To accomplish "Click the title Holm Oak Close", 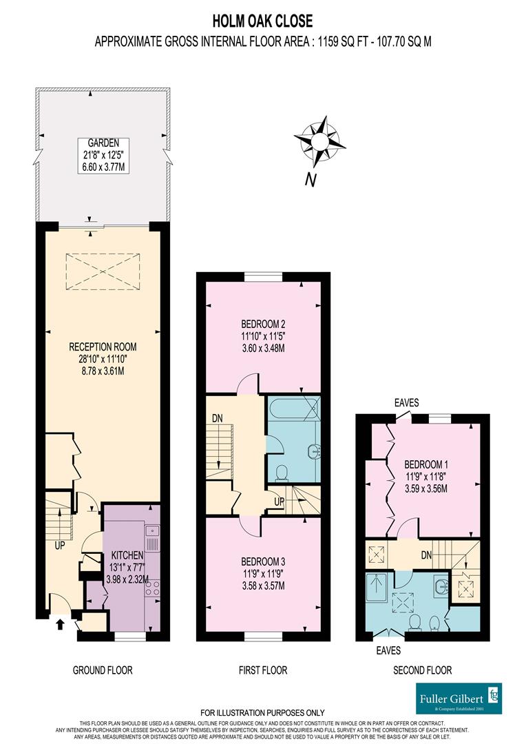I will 262,23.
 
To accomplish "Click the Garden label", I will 103,143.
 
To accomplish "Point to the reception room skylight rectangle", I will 102,272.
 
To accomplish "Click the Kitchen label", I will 127,555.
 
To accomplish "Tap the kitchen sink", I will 152,531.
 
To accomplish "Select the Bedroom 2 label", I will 263,324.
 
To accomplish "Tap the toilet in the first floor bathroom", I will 282,473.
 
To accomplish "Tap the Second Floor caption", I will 422,670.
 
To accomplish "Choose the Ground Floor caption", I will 103,670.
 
